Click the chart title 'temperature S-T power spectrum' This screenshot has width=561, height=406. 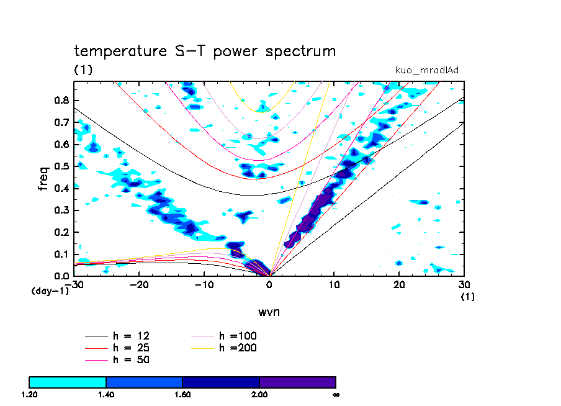(205, 51)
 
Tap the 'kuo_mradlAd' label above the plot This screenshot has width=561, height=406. (427, 70)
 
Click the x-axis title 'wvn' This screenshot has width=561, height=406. (269, 311)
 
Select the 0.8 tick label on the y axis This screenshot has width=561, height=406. (61, 101)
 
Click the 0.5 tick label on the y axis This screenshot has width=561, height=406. (61, 166)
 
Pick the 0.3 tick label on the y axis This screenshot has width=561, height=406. (61, 210)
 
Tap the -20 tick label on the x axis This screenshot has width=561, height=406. (138, 284)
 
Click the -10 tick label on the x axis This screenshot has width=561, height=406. (204, 284)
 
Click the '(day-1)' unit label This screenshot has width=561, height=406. (50, 291)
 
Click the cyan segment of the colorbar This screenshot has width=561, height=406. (68, 382)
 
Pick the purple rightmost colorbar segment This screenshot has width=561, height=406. (297, 382)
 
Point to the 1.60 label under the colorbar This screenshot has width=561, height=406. (182, 394)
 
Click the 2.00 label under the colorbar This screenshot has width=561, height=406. (259, 394)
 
